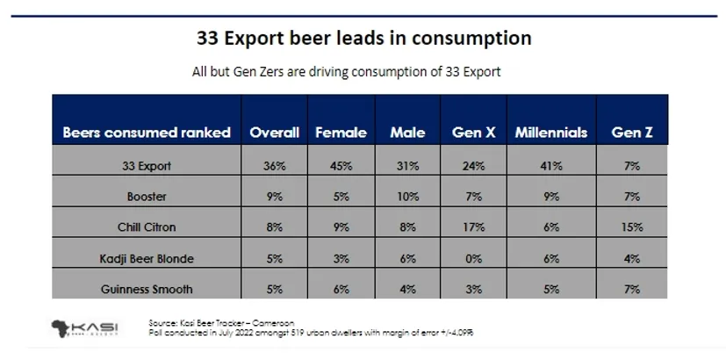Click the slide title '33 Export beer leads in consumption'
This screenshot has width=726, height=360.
(363, 39)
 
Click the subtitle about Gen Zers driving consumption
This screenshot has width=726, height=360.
(346, 72)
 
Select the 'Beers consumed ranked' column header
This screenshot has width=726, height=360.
(147, 133)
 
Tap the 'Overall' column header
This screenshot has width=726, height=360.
(275, 133)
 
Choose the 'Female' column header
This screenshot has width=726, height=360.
(341, 133)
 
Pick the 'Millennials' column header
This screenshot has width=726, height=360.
(551, 133)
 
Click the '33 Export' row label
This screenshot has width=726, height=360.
(147, 164)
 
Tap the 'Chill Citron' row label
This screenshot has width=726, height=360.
(147, 227)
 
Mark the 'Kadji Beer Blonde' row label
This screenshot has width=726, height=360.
(147, 257)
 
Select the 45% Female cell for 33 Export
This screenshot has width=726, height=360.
(341, 164)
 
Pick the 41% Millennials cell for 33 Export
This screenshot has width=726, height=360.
(551, 164)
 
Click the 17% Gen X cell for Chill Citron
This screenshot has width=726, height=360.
(474, 227)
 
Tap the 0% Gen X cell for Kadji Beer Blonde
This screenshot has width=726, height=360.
(474, 257)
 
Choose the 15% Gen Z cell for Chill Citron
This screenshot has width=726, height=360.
(631, 227)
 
